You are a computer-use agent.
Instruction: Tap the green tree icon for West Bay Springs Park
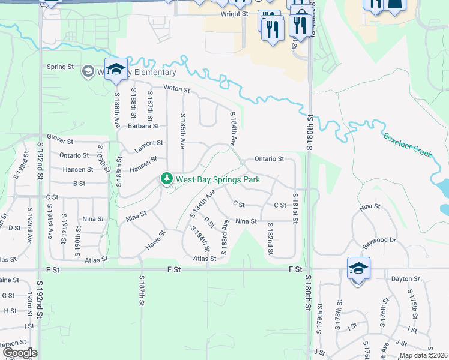click(166, 179)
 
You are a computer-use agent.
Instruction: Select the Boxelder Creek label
click(407, 145)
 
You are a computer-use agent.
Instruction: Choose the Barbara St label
click(143, 126)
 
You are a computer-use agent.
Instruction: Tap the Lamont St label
click(150, 143)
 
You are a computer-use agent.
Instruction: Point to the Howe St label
click(154, 240)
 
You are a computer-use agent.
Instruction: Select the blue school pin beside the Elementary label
click(116, 69)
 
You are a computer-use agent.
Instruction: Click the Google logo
click(19, 353)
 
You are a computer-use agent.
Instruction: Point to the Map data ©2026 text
click(423, 355)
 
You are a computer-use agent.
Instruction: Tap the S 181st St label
click(295, 208)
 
